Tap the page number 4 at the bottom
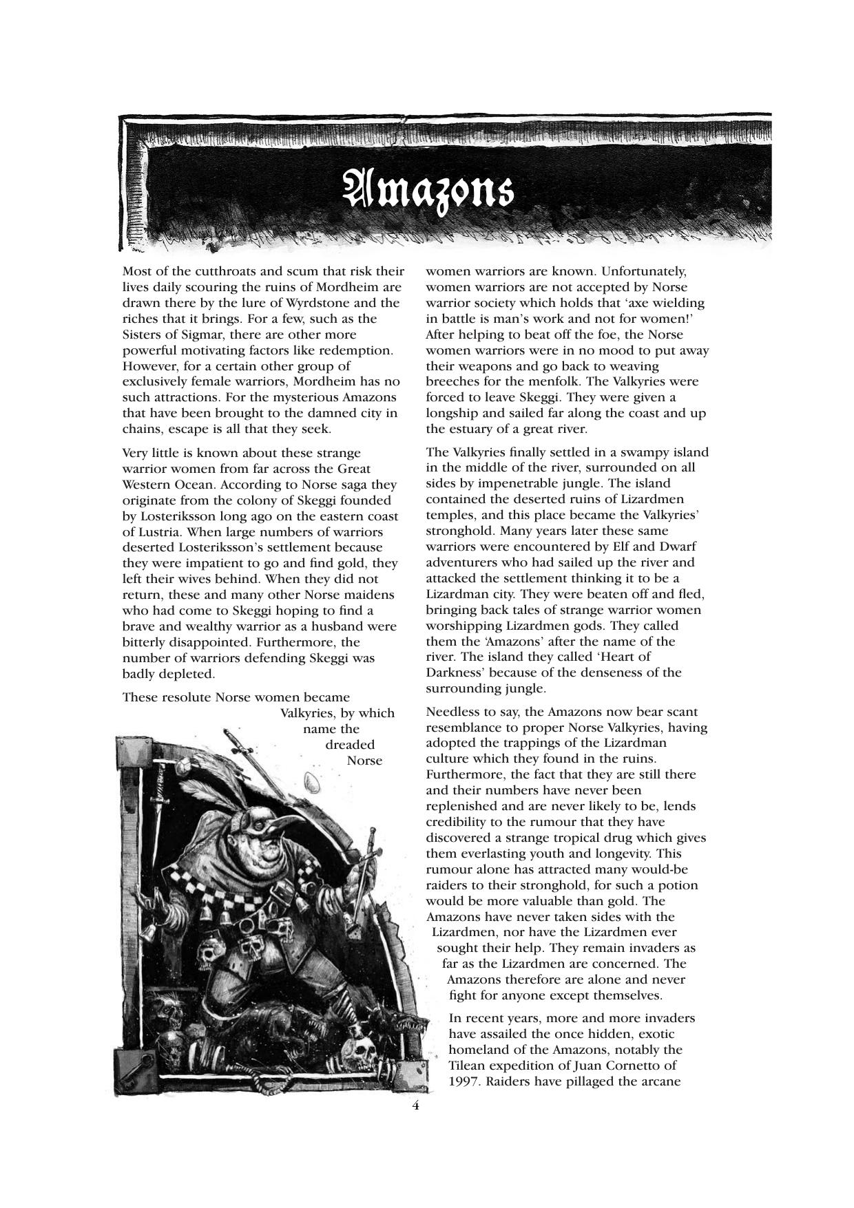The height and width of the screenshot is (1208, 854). [x=415, y=1105]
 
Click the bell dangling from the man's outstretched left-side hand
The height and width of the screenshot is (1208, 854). [x=147, y=932]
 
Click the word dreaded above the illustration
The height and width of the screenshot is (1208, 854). [x=350, y=745]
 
